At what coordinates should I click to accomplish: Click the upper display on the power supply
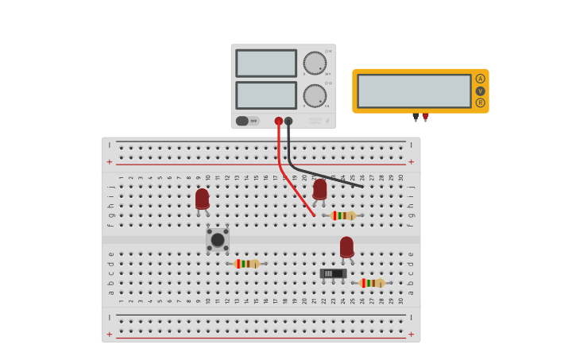(265, 64)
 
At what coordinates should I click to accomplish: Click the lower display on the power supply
(265, 95)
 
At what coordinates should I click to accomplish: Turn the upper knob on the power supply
(315, 64)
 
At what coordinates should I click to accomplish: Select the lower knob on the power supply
(315, 96)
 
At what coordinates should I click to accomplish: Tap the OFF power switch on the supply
(243, 121)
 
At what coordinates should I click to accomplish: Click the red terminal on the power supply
(278, 122)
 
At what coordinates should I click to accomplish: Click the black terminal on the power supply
(288, 122)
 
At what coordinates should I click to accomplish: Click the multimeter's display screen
(414, 91)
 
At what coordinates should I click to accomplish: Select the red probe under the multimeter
(426, 117)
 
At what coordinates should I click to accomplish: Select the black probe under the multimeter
(415, 117)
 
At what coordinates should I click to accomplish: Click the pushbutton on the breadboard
(217, 239)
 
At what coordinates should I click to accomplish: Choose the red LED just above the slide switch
(346, 247)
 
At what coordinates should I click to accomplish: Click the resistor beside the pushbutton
(247, 263)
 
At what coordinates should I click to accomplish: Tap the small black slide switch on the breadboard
(333, 273)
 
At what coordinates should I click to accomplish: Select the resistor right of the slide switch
(372, 283)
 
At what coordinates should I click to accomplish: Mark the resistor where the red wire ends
(343, 215)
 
